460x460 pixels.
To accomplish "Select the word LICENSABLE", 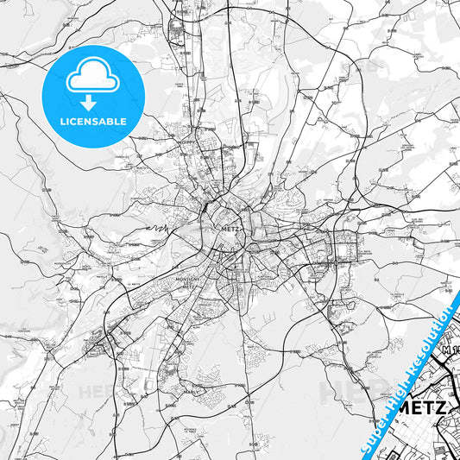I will (92, 122).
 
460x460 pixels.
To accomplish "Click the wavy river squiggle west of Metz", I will (156, 228).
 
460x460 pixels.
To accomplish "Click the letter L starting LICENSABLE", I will (61, 122).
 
